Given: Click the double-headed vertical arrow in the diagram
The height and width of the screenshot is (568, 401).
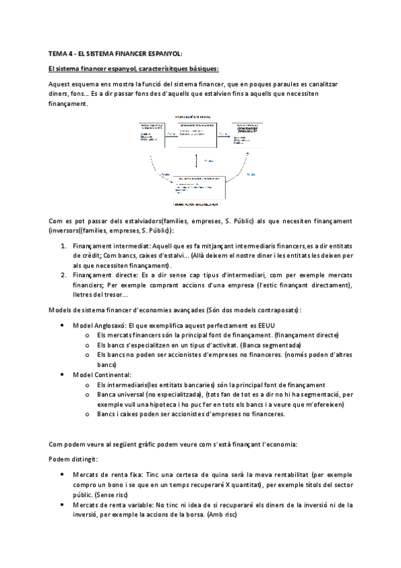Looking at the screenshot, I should pyautogui.click(x=195, y=160).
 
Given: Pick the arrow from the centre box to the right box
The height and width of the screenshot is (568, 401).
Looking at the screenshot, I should pyautogui.click(x=224, y=135).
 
